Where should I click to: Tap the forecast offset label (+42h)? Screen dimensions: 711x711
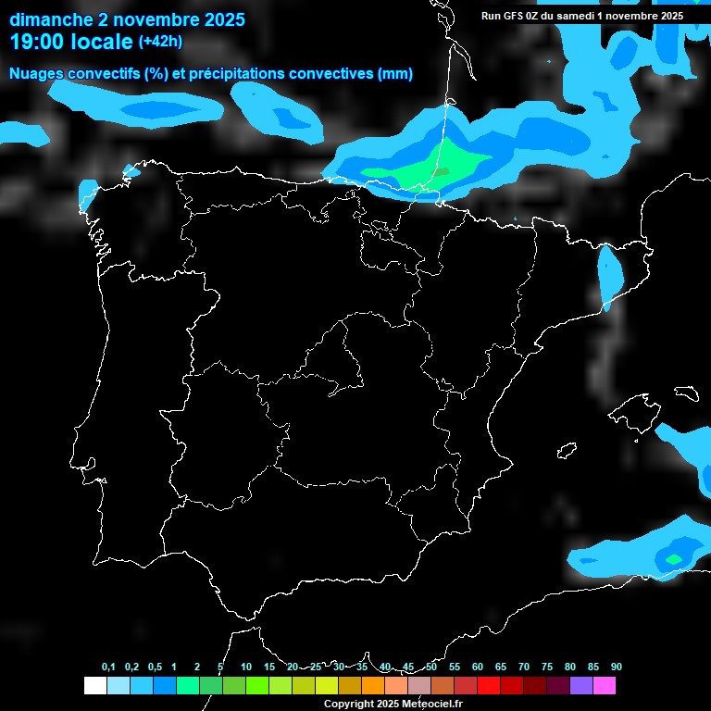coord(160,42)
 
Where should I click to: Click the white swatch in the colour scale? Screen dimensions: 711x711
coord(94,686)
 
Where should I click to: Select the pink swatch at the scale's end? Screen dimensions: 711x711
coord(605,686)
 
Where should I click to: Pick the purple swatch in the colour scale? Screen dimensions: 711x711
coord(581,686)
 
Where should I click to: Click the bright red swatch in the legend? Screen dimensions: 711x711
coord(489,686)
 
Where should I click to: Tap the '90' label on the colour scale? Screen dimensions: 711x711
coord(617,667)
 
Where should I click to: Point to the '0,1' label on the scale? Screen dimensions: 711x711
coord(108,667)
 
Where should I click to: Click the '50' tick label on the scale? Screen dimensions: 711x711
coord(431,667)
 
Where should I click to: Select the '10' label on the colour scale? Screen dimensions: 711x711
coord(246,667)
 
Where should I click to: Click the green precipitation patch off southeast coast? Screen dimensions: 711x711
coord(673,558)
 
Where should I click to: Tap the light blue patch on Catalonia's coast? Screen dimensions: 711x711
coord(610,273)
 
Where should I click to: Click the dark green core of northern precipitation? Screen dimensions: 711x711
coord(443,171)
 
